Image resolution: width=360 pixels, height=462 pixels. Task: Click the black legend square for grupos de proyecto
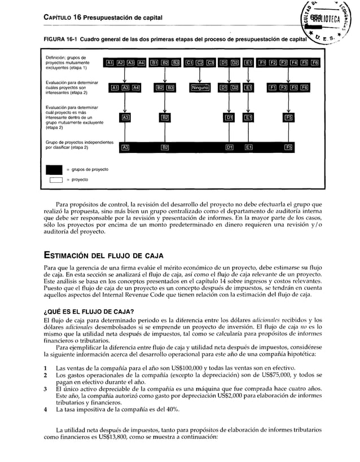[55, 169]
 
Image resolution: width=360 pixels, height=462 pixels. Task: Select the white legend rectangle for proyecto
[55, 180]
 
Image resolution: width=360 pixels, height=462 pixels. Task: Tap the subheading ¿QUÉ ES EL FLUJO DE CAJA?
[89, 312]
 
